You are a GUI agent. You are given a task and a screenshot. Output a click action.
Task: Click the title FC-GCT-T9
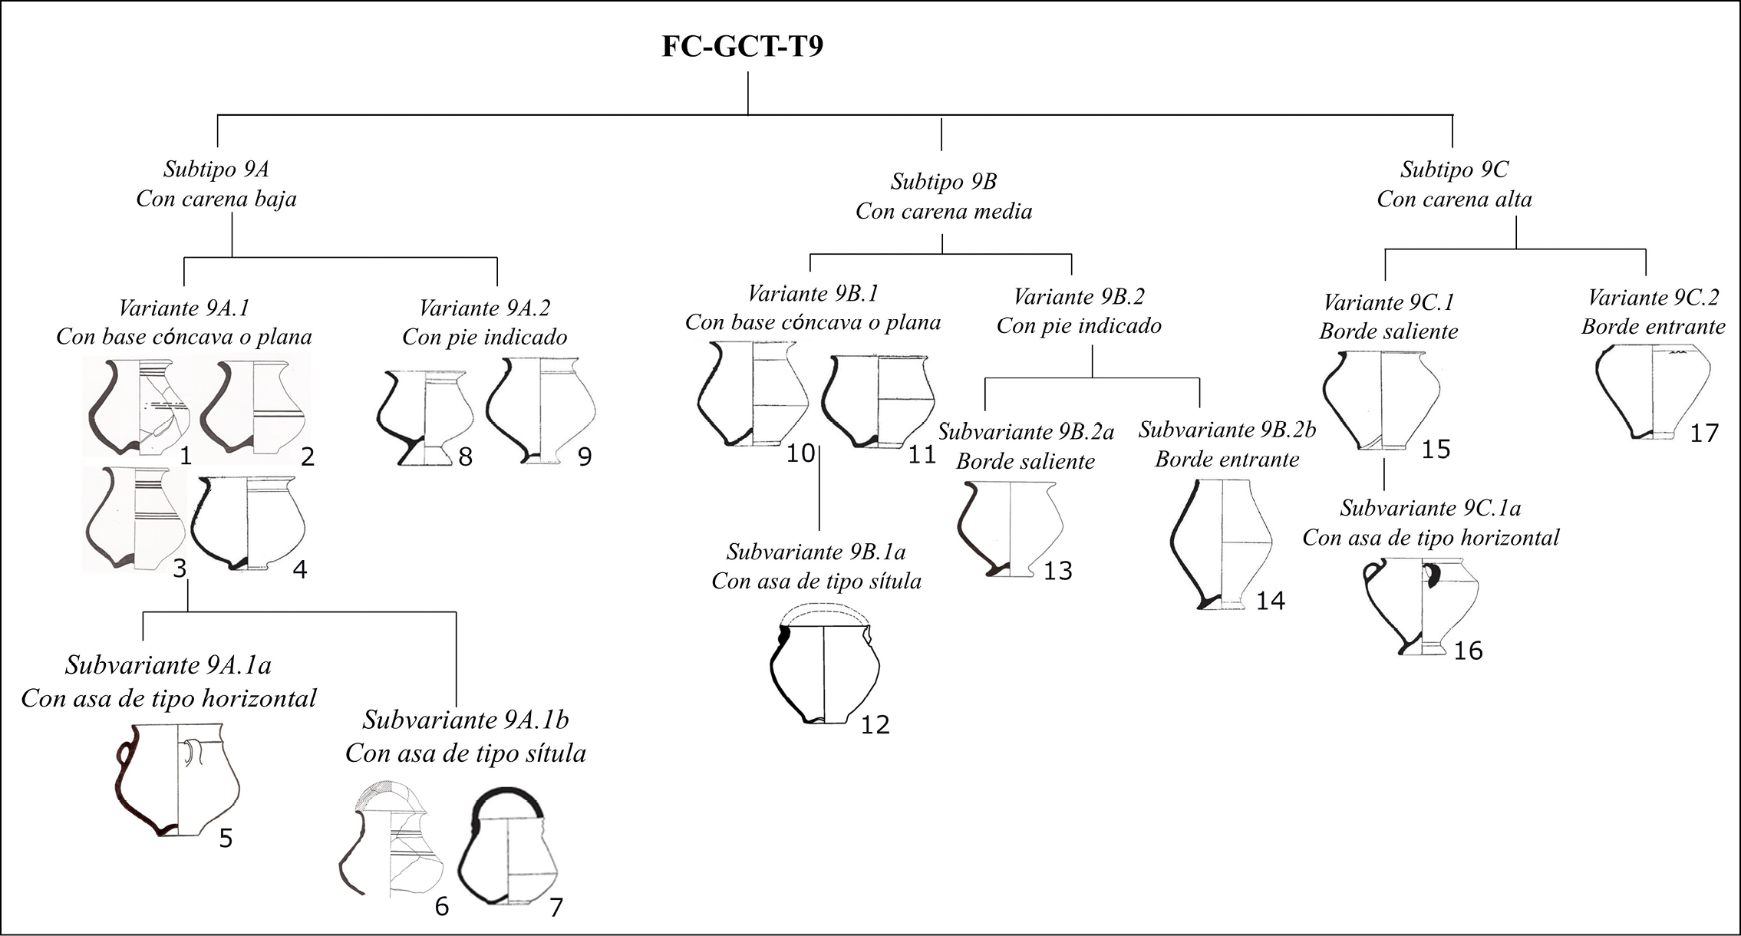(x=742, y=47)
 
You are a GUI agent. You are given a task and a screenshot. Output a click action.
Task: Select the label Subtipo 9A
(x=216, y=169)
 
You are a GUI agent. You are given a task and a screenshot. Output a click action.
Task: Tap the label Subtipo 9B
(x=943, y=181)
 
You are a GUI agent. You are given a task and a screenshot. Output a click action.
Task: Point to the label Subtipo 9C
(x=1454, y=169)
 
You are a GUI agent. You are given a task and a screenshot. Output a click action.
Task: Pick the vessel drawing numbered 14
(x=1221, y=545)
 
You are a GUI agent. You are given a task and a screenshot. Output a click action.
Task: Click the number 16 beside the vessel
(x=1468, y=651)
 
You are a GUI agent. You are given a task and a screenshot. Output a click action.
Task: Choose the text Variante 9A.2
(x=484, y=308)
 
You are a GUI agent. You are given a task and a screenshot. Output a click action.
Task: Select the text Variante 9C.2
(x=1654, y=297)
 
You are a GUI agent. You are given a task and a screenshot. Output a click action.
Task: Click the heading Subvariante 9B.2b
(x=1227, y=430)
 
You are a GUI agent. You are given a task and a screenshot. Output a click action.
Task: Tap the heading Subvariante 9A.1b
(x=465, y=720)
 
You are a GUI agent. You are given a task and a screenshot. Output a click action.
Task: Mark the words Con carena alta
(x=1454, y=199)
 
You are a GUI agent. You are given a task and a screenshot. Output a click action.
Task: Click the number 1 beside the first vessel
(x=185, y=456)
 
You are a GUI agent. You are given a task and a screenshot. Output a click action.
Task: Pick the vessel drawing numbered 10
(x=753, y=394)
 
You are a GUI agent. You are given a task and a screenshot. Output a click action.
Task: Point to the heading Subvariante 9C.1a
(x=1430, y=508)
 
